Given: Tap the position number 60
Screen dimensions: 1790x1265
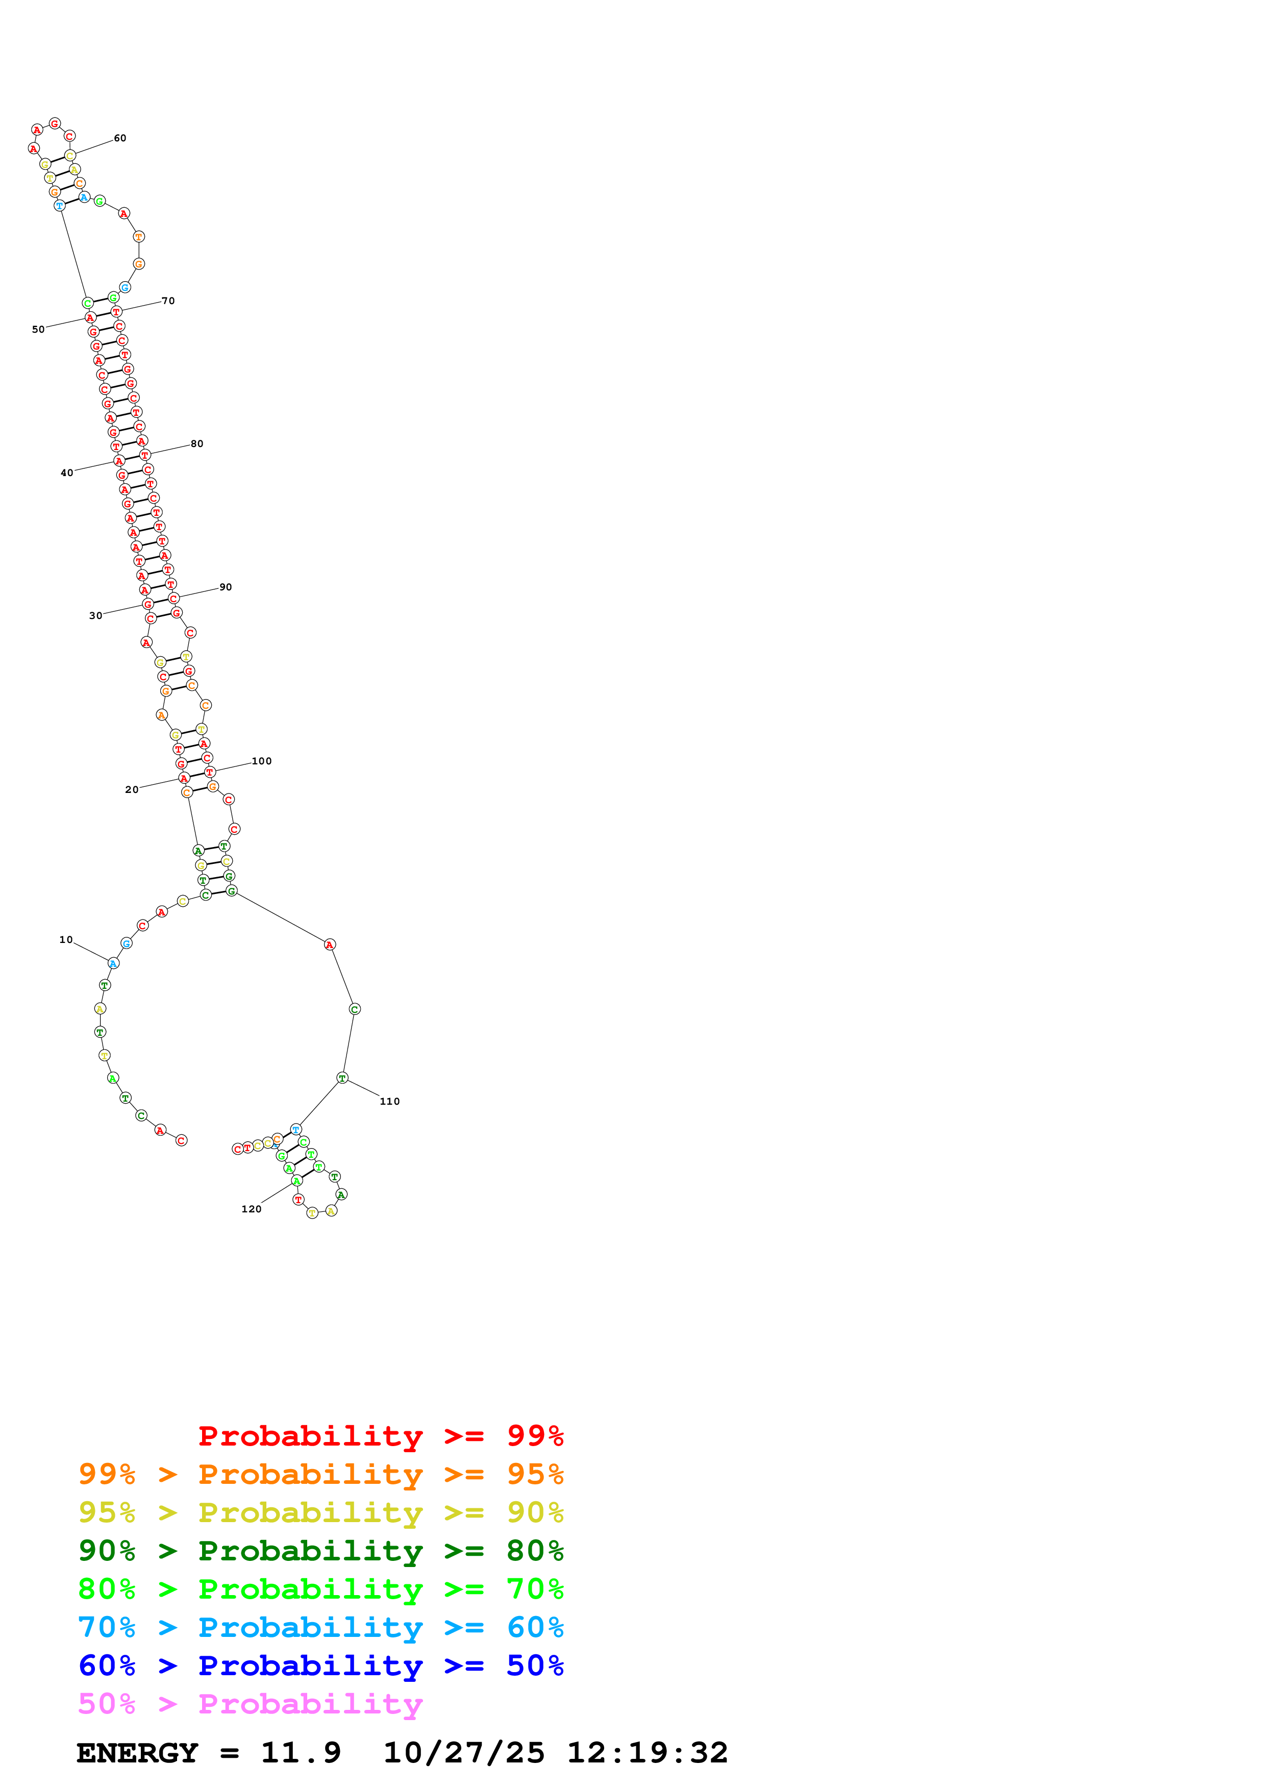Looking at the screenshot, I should point(120,138).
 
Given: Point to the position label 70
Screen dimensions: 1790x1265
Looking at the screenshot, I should point(168,301).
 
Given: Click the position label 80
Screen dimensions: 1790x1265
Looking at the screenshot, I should point(197,443).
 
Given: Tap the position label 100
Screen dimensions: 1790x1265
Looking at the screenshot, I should point(262,761).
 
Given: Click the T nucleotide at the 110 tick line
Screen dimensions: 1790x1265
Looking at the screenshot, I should point(342,1078).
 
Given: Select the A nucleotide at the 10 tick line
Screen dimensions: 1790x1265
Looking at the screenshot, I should point(113,963).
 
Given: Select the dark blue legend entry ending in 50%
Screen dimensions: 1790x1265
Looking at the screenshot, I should point(320,1666).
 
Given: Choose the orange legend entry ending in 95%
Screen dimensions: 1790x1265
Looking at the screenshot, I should point(320,1474).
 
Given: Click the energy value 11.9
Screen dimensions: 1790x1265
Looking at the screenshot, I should point(301,1753).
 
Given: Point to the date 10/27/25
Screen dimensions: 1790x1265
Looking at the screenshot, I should point(464,1753).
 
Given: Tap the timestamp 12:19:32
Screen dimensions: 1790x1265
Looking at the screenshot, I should point(647,1753).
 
